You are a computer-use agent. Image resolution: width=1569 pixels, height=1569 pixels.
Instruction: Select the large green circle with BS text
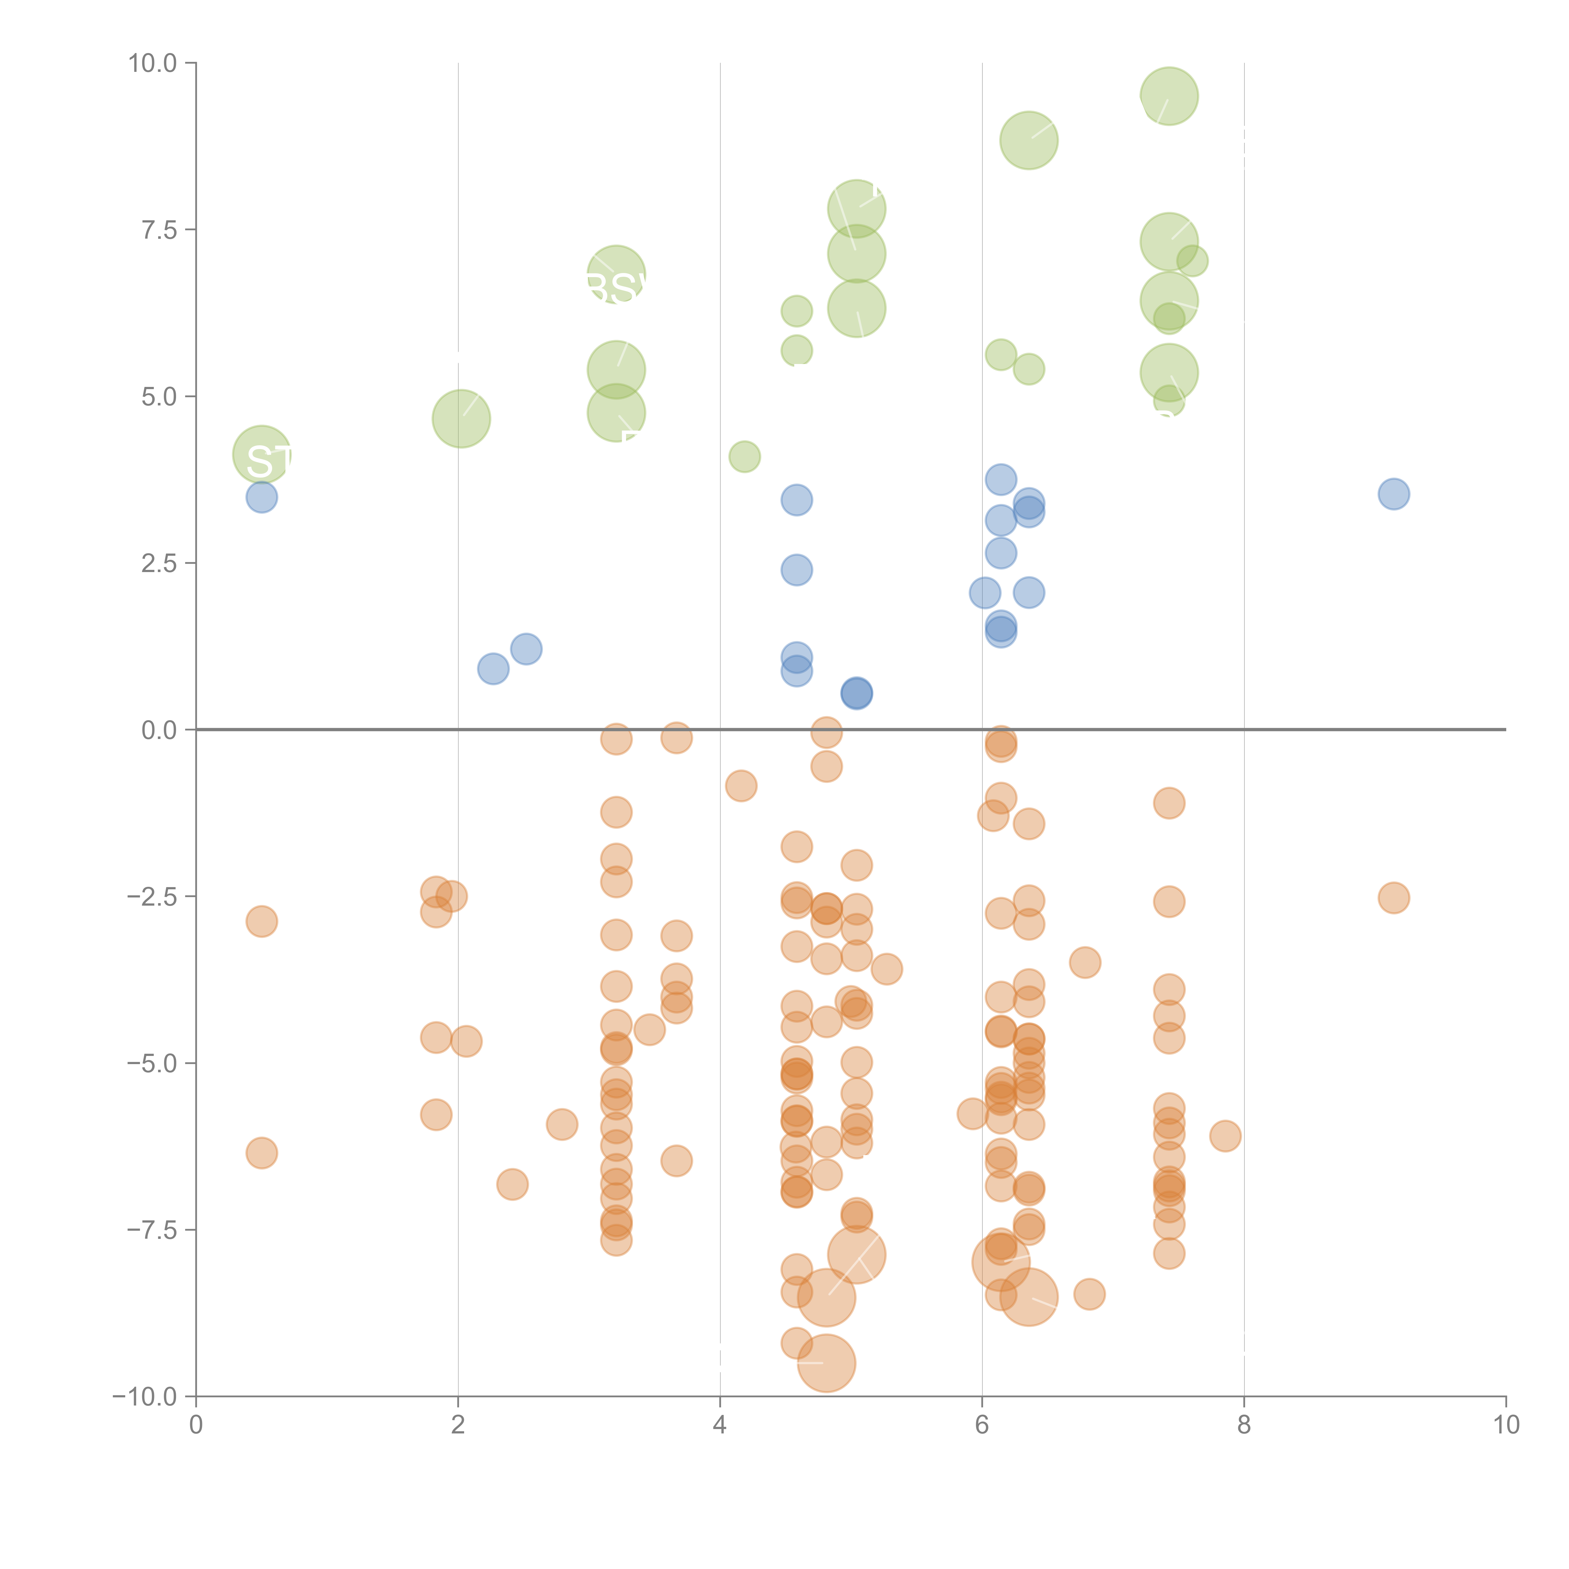point(616,275)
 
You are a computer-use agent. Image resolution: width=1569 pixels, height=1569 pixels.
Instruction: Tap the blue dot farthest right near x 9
point(1394,494)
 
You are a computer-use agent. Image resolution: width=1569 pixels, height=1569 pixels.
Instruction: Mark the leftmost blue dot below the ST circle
point(261,497)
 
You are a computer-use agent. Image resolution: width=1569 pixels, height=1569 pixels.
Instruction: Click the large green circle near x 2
point(461,418)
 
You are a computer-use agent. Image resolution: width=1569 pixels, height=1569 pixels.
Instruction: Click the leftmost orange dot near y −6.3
point(261,1152)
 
